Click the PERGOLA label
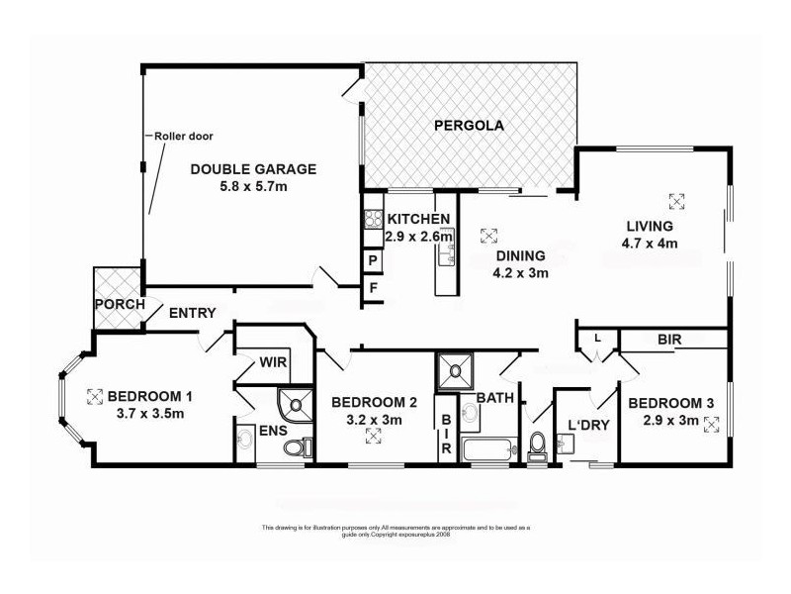click(470, 126)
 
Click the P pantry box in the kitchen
click(373, 260)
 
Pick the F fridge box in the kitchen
click(373, 288)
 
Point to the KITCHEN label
click(419, 219)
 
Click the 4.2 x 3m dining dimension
click(520, 273)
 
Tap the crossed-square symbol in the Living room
click(676, 201)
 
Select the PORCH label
click(119, 304)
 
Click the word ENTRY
click(192, 313)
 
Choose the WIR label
click(273, 362)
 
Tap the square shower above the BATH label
click(456, 372)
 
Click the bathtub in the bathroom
click(488, 451)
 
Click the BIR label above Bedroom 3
click(669, 340)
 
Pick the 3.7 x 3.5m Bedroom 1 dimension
click(147, 413)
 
